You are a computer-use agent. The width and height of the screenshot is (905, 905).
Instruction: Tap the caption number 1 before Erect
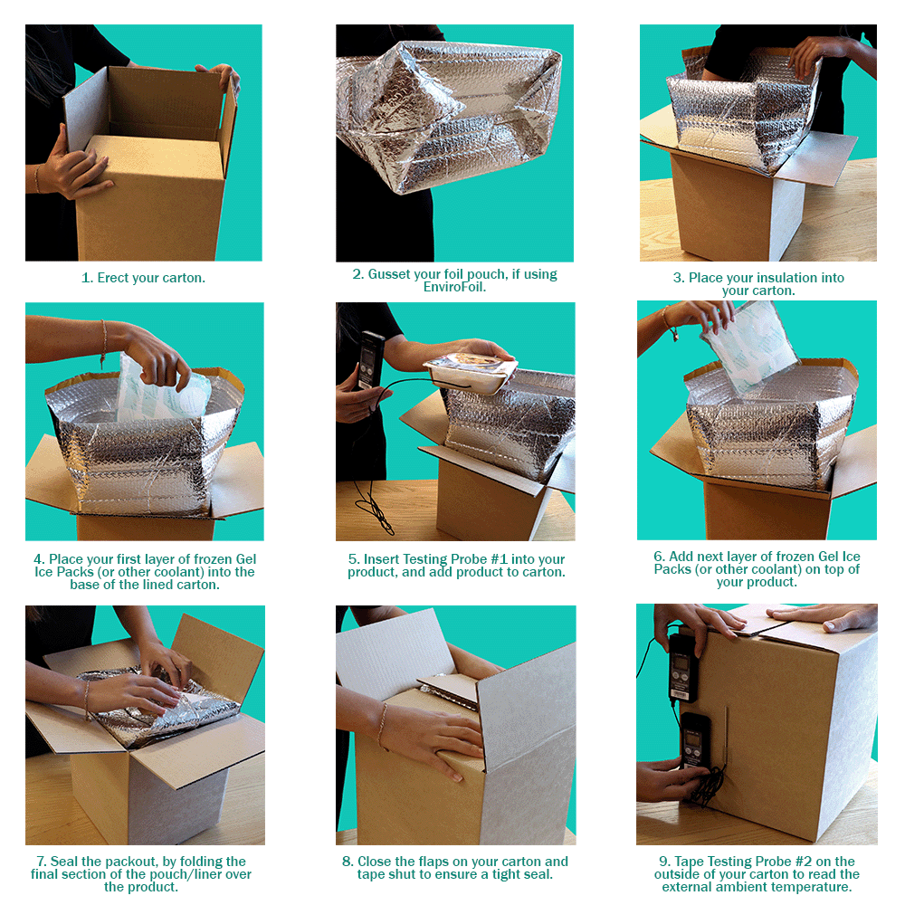86,278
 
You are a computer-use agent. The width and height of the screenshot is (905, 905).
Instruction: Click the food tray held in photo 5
471,372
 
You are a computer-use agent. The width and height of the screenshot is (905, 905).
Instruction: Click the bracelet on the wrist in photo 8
384,725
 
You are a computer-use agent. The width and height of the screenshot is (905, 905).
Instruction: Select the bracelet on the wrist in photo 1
37,179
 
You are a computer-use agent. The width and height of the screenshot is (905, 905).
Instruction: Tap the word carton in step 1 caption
184,278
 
